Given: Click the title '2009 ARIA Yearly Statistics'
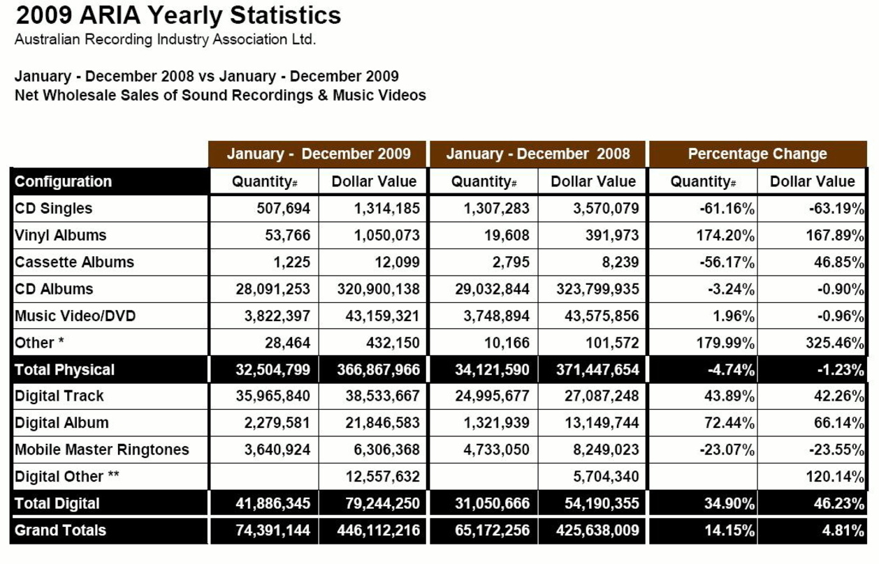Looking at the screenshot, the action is [178, 15].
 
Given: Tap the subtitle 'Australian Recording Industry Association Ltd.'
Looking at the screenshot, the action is [165, 40].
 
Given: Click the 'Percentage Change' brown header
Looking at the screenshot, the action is [757, 154].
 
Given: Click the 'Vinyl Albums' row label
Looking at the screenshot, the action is [60, 235].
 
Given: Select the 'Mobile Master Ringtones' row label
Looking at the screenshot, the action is [101, 450].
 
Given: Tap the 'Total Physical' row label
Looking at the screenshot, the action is [64, 369].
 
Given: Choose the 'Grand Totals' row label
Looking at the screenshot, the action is [60, 530].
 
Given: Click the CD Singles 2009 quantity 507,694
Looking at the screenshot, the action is [283, 209].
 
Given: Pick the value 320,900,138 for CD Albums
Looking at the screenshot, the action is [378, 289].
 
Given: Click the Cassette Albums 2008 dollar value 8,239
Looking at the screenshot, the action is [620, 262].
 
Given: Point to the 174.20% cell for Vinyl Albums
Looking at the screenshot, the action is [725, 235].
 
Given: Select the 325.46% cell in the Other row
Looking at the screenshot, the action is [835, 343].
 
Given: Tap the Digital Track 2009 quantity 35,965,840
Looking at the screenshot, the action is [273, 396].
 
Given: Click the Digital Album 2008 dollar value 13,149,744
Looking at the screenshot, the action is [602, 423].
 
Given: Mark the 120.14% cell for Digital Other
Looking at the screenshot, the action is [835, 477].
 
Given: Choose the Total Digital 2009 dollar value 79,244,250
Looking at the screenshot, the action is [383, 504].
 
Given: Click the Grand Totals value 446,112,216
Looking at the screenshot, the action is [378, 530].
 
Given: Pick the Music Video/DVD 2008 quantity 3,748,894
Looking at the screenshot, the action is [496, 316].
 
